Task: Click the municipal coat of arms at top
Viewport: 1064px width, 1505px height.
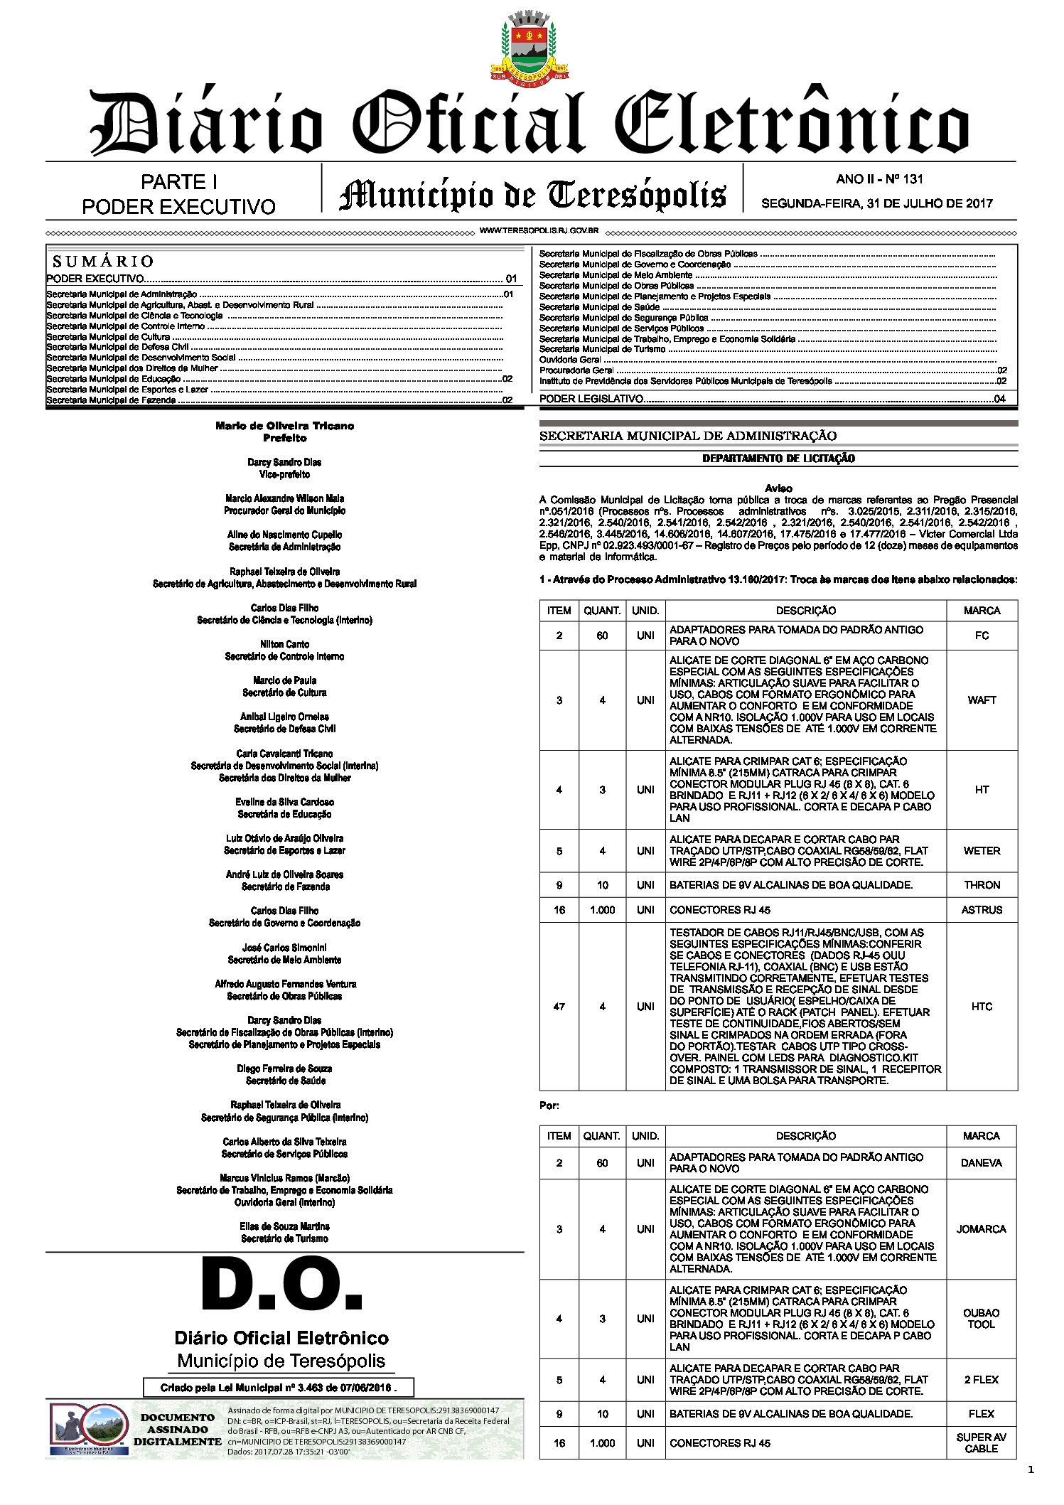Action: pyautogui.click(x=531, y=45)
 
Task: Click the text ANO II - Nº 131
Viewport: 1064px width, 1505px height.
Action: pyautogui.click(x=879, y=179)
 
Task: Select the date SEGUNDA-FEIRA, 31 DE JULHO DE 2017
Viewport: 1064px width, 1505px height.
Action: pyautogui.click(x=876, y=203)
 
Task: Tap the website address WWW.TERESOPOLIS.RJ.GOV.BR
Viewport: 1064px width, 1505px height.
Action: pyautogui.click(x=539, y=231)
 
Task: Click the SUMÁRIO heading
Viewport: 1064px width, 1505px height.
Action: pyautogui.click(x=103, y=261)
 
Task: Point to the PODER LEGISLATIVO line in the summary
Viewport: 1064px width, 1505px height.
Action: pyautogui.click(x=592, y=399)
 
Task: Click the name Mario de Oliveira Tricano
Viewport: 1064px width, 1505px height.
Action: pyautogui.click(x=284, y=426)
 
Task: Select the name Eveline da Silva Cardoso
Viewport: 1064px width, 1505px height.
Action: pyautogui.click(x=284, y=802)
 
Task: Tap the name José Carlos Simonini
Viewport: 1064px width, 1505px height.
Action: pyautogui.click(x=284, y=948)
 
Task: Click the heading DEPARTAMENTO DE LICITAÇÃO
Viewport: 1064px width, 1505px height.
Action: pyautogui.click(x=778, y=459)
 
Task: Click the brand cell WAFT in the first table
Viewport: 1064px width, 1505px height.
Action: pyautogui.click(x=982, y=700)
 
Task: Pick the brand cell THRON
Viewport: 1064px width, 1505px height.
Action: pyautogui.click(x=982, y=885)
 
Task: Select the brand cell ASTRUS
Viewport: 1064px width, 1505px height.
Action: pyautogui.click(x=982, y=910)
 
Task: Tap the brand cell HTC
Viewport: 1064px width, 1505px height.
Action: pyautogui.click(x=982, y=1007)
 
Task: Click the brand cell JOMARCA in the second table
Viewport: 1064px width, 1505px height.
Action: pyautogui.click(x=981, y=1229)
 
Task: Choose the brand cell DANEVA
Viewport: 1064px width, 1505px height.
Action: pyautogui.click(x=981, y=1163)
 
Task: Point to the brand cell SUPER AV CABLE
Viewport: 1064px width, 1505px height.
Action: pyautogui.click(x=981, y=1442)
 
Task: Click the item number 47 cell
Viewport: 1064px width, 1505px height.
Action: pyautogui.click(x=559, y=1007)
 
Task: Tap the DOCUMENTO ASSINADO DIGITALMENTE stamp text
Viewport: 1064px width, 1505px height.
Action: pyautogui.click(x=177, y=1430)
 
